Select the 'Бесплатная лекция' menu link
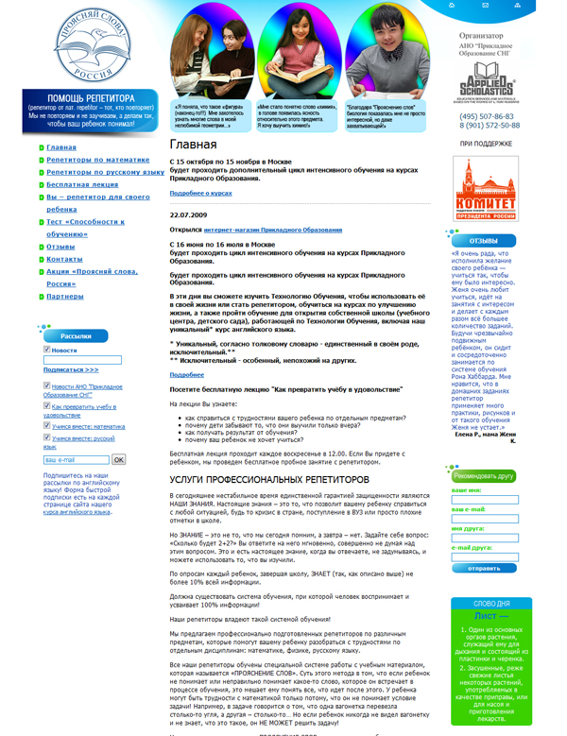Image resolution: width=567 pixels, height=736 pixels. (80, 184)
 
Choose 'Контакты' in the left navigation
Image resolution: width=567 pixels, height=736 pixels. (64, 258)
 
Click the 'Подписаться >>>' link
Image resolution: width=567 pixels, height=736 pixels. (70, 369)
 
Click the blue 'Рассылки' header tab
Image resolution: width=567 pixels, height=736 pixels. (75, 335)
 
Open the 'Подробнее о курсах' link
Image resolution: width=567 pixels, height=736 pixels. (200, 193)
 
